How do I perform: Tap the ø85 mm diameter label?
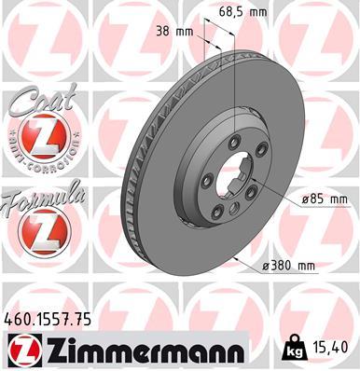pyautogui.click(x=325, y=199)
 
